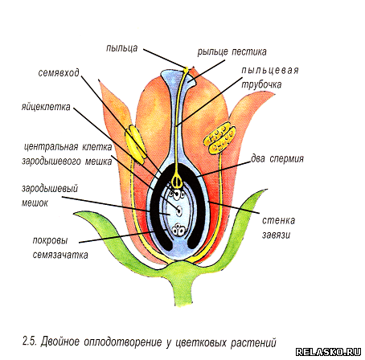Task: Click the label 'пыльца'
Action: (x=122, y=48)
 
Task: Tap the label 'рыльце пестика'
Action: (x=232, y=51)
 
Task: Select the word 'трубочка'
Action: (x=261, y=84)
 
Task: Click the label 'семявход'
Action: (x=59, y=72)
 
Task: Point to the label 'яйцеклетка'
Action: (x=46, y=107)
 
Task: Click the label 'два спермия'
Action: (x=277, y=158)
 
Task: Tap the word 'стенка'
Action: (x=278, y=220)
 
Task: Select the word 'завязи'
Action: (x=276, y=235)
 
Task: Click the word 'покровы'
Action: (x=50, y=240)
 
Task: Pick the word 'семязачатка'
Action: (x=60, y=255)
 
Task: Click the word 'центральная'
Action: (x=51, y=147)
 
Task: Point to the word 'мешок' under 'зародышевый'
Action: (x=35, y=202)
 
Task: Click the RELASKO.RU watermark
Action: (x=329, y=352)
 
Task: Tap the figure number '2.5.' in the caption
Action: (x=30, y=342)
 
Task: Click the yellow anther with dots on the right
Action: (x=219, y=138)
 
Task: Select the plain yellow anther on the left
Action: (x=136, y=144)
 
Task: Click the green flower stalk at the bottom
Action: (x=183, y=292)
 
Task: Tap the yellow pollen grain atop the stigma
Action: (x=186, y=69)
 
